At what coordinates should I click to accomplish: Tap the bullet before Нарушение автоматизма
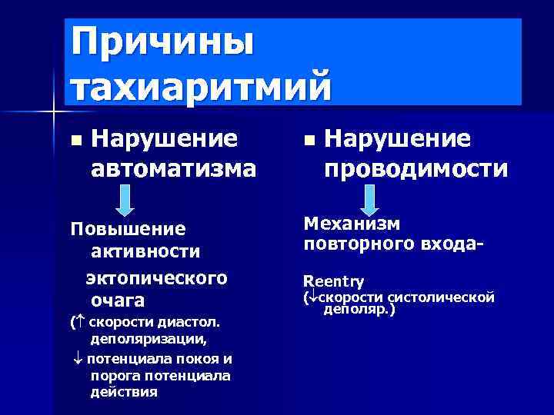pyautogui.click(x=75, y=141)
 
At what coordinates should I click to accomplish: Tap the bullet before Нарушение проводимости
pyautogui.click(x=309, y=141)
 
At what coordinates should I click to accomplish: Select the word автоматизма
pyautogui.click(x=173, y=168)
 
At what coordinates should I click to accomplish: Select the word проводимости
pyautogui.click(x=415, y=168)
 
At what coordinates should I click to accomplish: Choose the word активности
pyautogui.click(x=145, y=251)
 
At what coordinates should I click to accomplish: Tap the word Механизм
pyautogui.click(x=352, y=224)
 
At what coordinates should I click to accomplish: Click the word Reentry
pyautogui.click(x=334, y=281)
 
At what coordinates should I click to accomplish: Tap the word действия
pyautogui.click(x=123, y=391)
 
